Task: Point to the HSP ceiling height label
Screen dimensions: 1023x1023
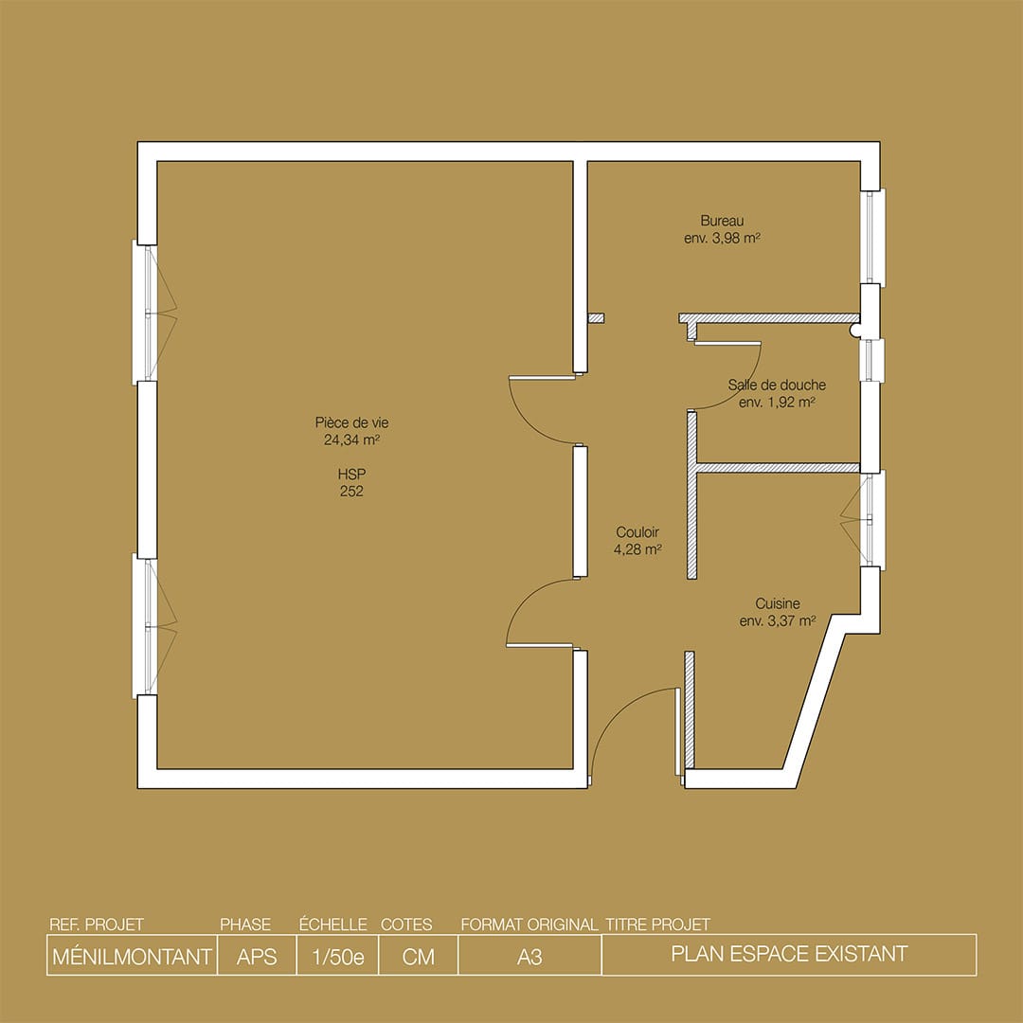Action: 350,474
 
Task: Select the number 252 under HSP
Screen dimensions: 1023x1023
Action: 350,491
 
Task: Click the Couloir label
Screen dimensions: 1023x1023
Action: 637,532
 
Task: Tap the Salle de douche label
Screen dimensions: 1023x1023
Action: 777,386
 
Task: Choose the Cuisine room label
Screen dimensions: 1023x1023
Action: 777,603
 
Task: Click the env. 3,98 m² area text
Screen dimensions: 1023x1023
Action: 722,239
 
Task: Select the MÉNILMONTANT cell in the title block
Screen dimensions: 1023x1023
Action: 131,956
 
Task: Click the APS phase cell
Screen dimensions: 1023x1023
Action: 257,956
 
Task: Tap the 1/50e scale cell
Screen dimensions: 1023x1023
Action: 337,956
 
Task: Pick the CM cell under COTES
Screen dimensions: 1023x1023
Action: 418,956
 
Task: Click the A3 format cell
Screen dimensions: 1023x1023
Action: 529,956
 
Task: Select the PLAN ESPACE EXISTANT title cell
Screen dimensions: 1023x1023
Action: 788,954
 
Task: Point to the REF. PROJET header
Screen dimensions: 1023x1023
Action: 95,924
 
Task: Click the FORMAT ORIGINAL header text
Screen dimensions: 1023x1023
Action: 529,924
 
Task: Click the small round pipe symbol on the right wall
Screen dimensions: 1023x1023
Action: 856,330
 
